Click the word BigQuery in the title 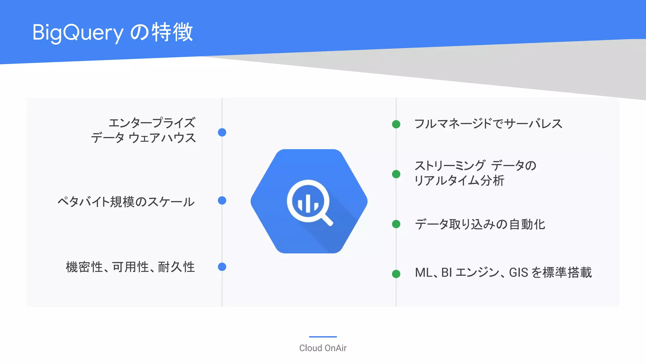[78, 33]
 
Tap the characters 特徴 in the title [172, 32]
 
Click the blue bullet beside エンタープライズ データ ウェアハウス [222, 132]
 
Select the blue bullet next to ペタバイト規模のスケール [222, 201]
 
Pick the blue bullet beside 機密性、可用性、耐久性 [222, 267]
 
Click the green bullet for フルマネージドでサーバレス [396, 124]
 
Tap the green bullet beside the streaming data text [396, 174]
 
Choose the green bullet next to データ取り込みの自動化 [396, 224]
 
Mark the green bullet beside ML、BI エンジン [396, 274]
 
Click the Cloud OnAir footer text [323, 348]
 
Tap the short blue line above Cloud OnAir [323, 337]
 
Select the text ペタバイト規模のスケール [126, 202]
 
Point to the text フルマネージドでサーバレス [488, 124]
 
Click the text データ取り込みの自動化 [480, 224]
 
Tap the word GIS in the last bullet [519, 272]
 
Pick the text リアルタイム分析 [459, 181]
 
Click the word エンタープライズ [152, 123]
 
